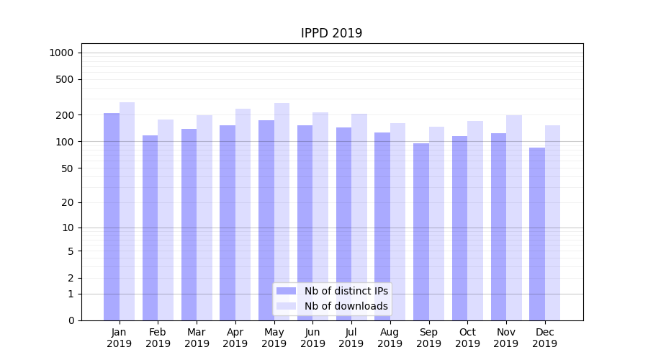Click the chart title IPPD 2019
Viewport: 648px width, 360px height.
[331, 34]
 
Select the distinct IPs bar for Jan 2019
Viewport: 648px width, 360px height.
[112, 216]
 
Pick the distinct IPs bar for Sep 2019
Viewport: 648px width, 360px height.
[421, 231]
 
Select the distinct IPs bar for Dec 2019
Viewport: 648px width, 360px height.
[537, 233]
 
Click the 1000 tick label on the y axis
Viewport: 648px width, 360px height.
[61, 53]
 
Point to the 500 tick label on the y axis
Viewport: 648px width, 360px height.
[66, 79]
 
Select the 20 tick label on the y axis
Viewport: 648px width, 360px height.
[68, 202]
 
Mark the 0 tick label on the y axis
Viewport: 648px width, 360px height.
[71, 320]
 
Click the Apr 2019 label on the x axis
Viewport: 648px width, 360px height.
[235, 338]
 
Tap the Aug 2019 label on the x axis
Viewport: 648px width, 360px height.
[390, 338]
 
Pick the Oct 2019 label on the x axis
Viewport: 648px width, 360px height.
[467, 338]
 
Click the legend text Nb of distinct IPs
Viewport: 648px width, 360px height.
[346, 291]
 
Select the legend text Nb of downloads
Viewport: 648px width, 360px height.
[346, 306]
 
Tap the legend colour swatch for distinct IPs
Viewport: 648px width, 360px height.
[287, 291]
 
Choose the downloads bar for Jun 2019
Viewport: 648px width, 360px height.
[320, 216]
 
